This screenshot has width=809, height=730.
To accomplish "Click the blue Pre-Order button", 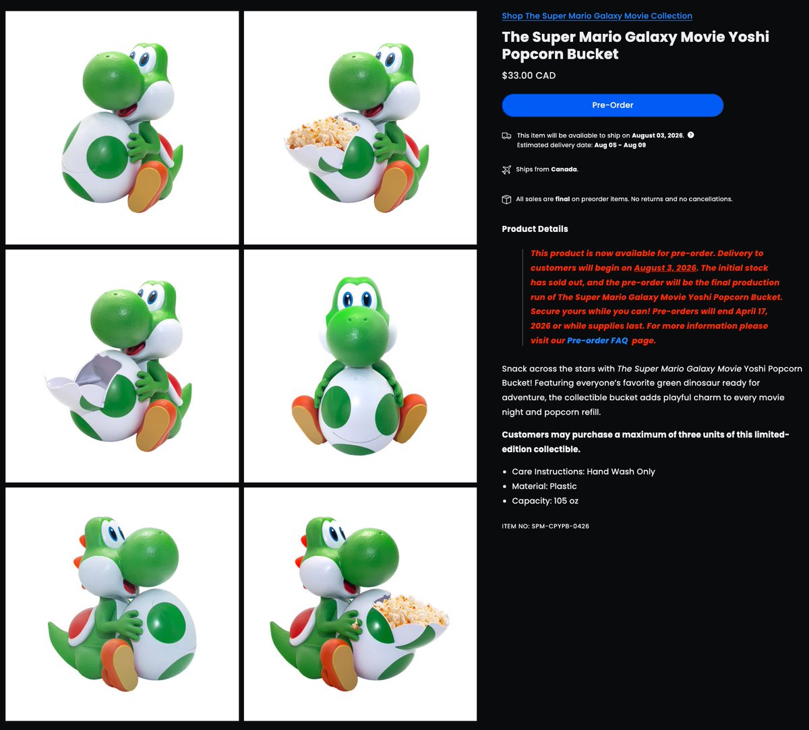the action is tap(612, 105).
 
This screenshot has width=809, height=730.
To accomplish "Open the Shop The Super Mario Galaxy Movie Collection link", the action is tap(597, 16).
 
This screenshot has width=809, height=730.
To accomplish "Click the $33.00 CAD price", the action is tap(529, 75).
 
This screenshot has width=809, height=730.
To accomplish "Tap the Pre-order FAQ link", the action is tap(597, 340).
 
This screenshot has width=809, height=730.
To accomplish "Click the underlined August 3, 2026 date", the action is tap(665, 268).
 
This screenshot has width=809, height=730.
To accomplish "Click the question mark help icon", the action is tap(691, 135).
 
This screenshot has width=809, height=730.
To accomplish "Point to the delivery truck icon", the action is tap(506, 136).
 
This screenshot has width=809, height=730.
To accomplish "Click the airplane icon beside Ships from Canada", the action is tap(506, 169).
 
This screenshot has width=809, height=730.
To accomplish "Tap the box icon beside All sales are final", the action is tap(506, 200).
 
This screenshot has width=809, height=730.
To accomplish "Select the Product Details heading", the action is tap(535, 229).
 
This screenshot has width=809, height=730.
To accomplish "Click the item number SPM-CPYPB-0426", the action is tap(560, 526).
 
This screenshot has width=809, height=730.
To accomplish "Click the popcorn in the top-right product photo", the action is tap(323, 132).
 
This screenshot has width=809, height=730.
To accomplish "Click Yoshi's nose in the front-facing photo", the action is tap(357, 336).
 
